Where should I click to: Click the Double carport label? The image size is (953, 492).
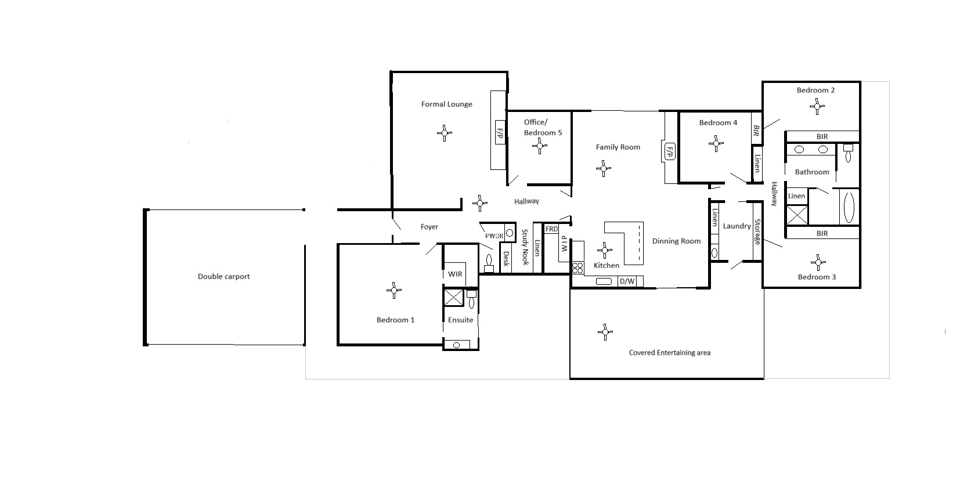(224, 276)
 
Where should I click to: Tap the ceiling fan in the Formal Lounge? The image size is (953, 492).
(445, 133)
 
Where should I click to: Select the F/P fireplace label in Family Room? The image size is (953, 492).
(669, 151)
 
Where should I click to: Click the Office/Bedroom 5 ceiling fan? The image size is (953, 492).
(540, 146)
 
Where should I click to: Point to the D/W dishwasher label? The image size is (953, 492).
(627, 281)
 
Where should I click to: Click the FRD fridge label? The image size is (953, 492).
(551, 229)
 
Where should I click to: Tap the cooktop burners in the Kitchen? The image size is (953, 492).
(577, 268)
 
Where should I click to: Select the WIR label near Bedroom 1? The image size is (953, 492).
(455, 274)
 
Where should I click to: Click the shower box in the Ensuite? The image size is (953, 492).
(453, 297)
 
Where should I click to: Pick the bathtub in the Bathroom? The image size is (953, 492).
(849, 208)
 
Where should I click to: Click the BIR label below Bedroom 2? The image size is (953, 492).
(822, 136)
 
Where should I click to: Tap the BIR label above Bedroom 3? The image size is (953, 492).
(822, 233)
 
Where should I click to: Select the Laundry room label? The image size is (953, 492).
(737, 226)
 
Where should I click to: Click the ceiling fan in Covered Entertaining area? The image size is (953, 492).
(605, 332)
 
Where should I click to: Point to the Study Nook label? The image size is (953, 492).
(525, 247)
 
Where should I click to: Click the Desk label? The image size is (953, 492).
(506, 259)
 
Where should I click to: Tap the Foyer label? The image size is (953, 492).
(429, 227)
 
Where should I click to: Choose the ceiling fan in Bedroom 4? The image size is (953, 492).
(716, 144)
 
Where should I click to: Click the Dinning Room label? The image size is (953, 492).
(677, 241)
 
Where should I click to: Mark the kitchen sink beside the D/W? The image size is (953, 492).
(604, 281)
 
